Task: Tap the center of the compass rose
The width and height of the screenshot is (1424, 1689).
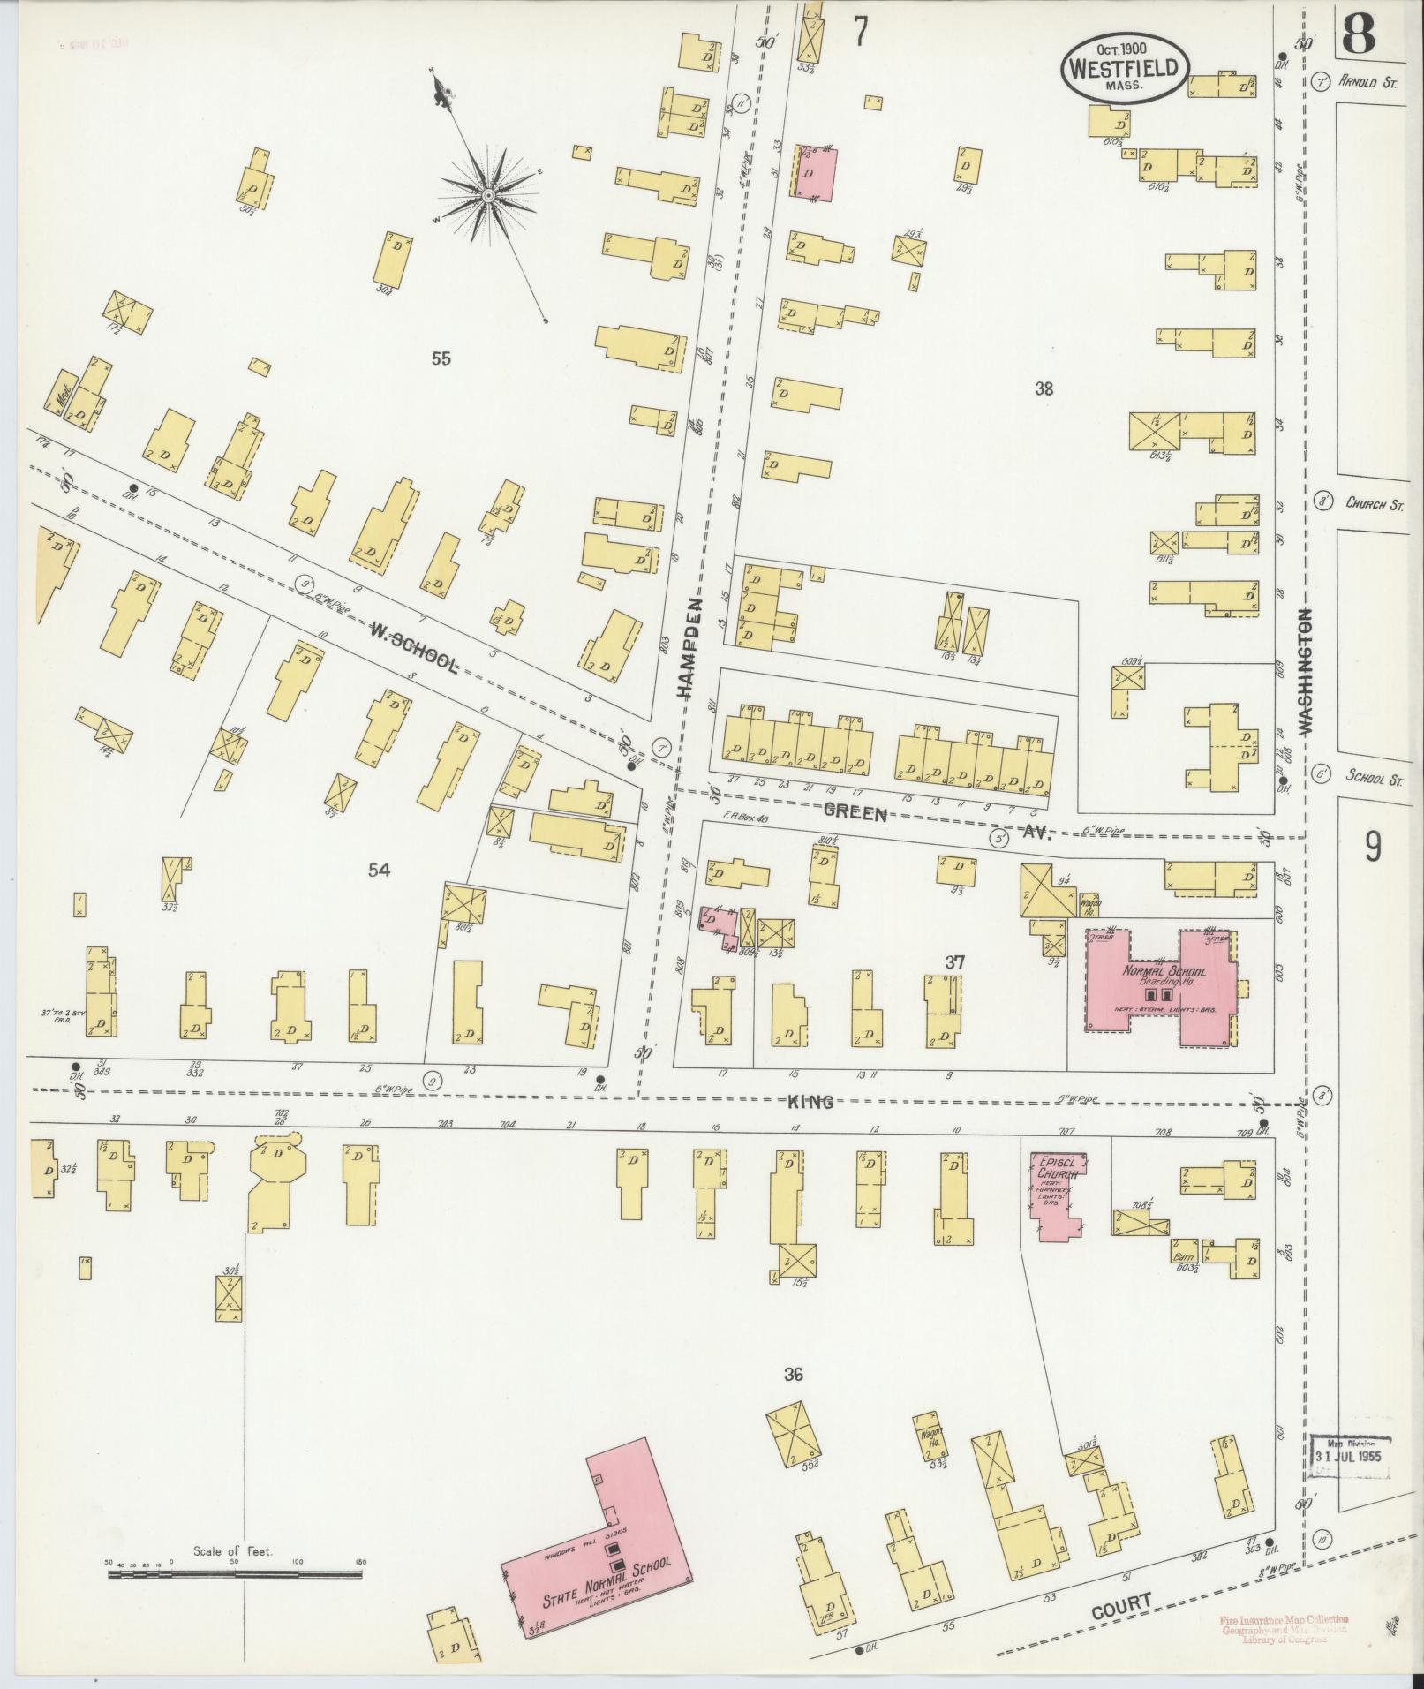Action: pyautogui.click(x=487, y=193)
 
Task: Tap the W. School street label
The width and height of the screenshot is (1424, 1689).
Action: pyautogui.click(x=413, y=647)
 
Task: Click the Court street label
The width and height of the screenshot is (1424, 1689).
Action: pyautogui.click(x=1121, y=1603)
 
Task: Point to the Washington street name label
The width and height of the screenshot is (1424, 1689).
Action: pyautogui.click(x=1307, y=670)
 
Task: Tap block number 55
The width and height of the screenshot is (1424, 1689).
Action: pyautogui.click(x=441, y=358)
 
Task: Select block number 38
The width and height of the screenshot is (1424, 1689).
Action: pyautogui.click(x=1044, y=388)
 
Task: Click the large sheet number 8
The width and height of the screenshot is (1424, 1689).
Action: pyautogui.click(x=1358, y=35)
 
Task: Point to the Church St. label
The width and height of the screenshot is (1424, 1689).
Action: pyautogui.click(x=1374, y=503)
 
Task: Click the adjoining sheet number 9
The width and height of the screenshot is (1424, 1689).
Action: pyautogui.click(x=1373, y=848)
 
